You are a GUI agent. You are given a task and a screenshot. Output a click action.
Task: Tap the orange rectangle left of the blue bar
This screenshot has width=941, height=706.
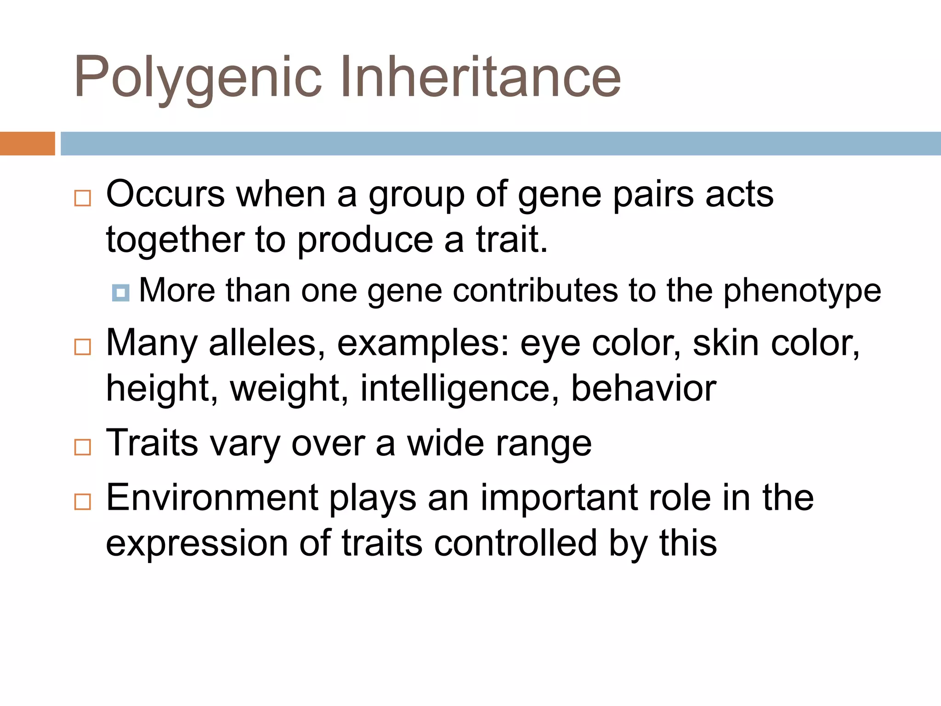27,143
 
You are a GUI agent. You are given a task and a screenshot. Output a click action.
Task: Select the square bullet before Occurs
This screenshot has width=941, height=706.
83,198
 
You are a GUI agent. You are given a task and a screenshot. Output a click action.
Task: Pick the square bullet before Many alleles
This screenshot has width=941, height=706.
83,347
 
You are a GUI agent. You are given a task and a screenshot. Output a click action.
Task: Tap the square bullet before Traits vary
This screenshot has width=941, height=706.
83,447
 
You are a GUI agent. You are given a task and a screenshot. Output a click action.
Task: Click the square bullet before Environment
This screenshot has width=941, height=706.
83,501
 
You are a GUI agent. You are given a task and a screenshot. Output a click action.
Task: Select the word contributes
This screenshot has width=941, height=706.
535,290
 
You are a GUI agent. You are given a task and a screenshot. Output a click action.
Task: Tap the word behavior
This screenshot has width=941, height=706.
643,388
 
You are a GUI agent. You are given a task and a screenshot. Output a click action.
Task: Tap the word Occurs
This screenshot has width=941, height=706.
165,194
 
